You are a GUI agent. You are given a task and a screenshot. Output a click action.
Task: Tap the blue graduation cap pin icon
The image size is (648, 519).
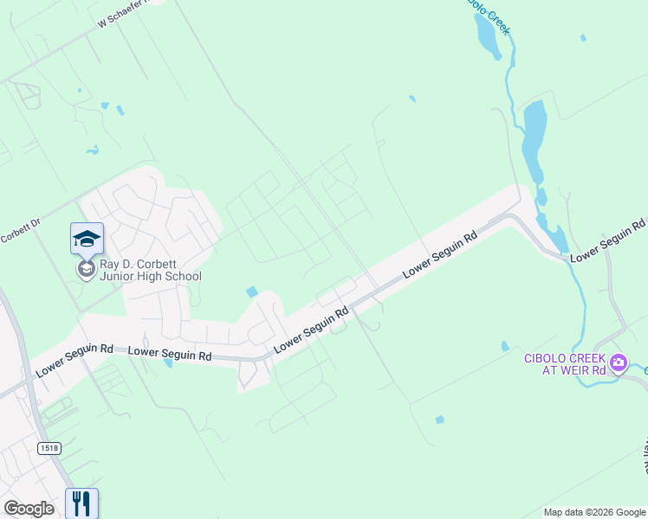pos(87,239)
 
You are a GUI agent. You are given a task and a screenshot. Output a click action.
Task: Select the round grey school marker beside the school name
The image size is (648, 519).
pos(86,269)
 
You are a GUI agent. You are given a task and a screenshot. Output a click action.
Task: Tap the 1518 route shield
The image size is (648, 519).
pos(49,447)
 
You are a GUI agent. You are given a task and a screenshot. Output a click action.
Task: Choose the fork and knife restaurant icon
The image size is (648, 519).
pos(81,503)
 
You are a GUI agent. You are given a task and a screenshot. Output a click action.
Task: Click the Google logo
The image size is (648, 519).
pos(29,509)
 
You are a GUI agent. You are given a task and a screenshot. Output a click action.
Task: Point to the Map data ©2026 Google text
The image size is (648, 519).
pos(593,512)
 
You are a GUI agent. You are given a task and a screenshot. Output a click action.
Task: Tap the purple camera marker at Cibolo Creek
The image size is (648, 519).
pos(619,362)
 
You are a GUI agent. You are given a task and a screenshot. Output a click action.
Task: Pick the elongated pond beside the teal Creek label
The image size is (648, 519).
pos(487,37)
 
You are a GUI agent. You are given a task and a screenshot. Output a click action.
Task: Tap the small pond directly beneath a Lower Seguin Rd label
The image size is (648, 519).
pos(168,364)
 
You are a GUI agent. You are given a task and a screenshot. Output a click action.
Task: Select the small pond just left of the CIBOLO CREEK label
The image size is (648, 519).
pos(505,347)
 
